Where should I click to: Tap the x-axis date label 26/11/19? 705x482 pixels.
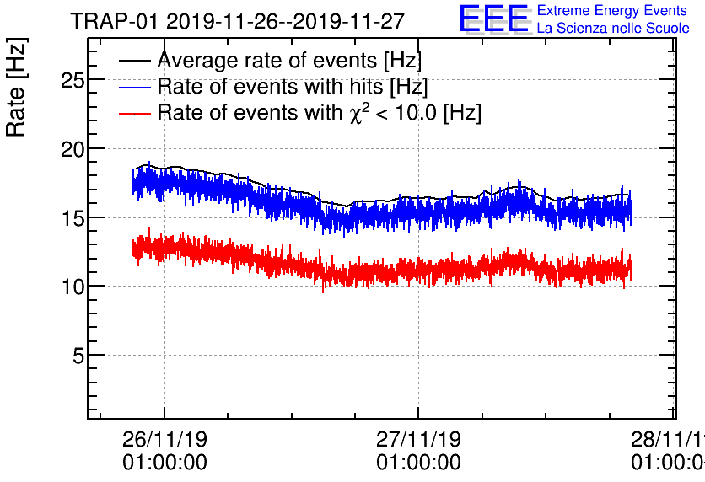pyautogui.click(x=164, y=440)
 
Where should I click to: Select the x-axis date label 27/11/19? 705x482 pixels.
pyautogui.click(x=418, y=440)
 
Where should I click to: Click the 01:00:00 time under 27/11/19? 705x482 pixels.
pyautogui.click(x=418, y=463)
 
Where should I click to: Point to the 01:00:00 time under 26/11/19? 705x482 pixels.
pyautogui.click(x=164, y=463)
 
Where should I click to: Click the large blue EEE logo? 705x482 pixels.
pyautogui.click(x=494, y=19)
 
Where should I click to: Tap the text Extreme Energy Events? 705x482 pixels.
pyautogui.click(x=612, y=11)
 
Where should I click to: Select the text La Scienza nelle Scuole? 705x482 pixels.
pyautogui.click(x=613, y=29)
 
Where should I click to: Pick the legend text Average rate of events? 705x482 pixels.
pyautogui.click(x=289, y=61)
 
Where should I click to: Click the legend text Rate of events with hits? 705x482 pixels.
pyautogui.click(x=292, y=86)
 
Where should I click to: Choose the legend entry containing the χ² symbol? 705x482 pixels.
pyautogui.click(x=319, y=112)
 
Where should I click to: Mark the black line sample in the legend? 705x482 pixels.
pyautogui.click(x=135, y=61)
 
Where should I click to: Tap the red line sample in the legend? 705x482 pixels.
pyautogui.click(x=135, y=112)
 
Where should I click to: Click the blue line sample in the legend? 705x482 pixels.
pyautogui.click(x=135, y=86)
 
